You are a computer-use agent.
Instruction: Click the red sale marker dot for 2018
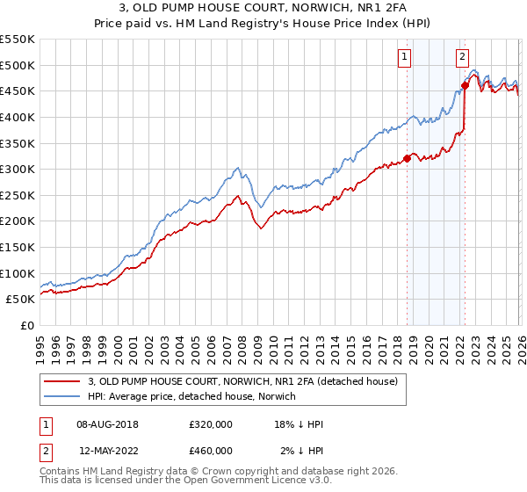407,159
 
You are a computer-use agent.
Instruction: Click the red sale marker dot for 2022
465,85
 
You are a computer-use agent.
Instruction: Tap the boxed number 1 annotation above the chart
404,58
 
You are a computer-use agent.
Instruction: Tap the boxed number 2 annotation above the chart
462,58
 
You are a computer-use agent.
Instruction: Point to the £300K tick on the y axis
17,169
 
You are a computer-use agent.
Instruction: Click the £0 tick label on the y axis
26,325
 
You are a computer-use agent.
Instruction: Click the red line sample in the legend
63,381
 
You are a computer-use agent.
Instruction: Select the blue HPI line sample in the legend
63,396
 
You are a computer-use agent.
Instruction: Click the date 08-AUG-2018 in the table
105,424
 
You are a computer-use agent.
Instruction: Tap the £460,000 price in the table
211,451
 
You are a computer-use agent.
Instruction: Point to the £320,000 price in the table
211,424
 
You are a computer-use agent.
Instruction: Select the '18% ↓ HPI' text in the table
299,424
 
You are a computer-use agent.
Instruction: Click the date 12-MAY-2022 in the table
105,451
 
